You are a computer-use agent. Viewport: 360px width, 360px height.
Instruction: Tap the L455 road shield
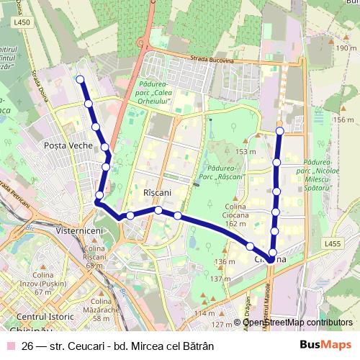pos(333,244)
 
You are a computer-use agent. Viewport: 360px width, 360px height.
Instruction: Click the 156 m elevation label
pos(344,120)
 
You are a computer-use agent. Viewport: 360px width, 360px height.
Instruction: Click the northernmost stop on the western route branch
pos(80,80)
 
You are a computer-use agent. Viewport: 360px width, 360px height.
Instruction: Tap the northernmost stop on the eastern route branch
pos(279,131)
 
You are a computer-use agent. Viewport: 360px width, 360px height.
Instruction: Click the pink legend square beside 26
pos(9,346)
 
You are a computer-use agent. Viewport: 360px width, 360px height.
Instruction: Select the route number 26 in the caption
pos(28,346)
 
